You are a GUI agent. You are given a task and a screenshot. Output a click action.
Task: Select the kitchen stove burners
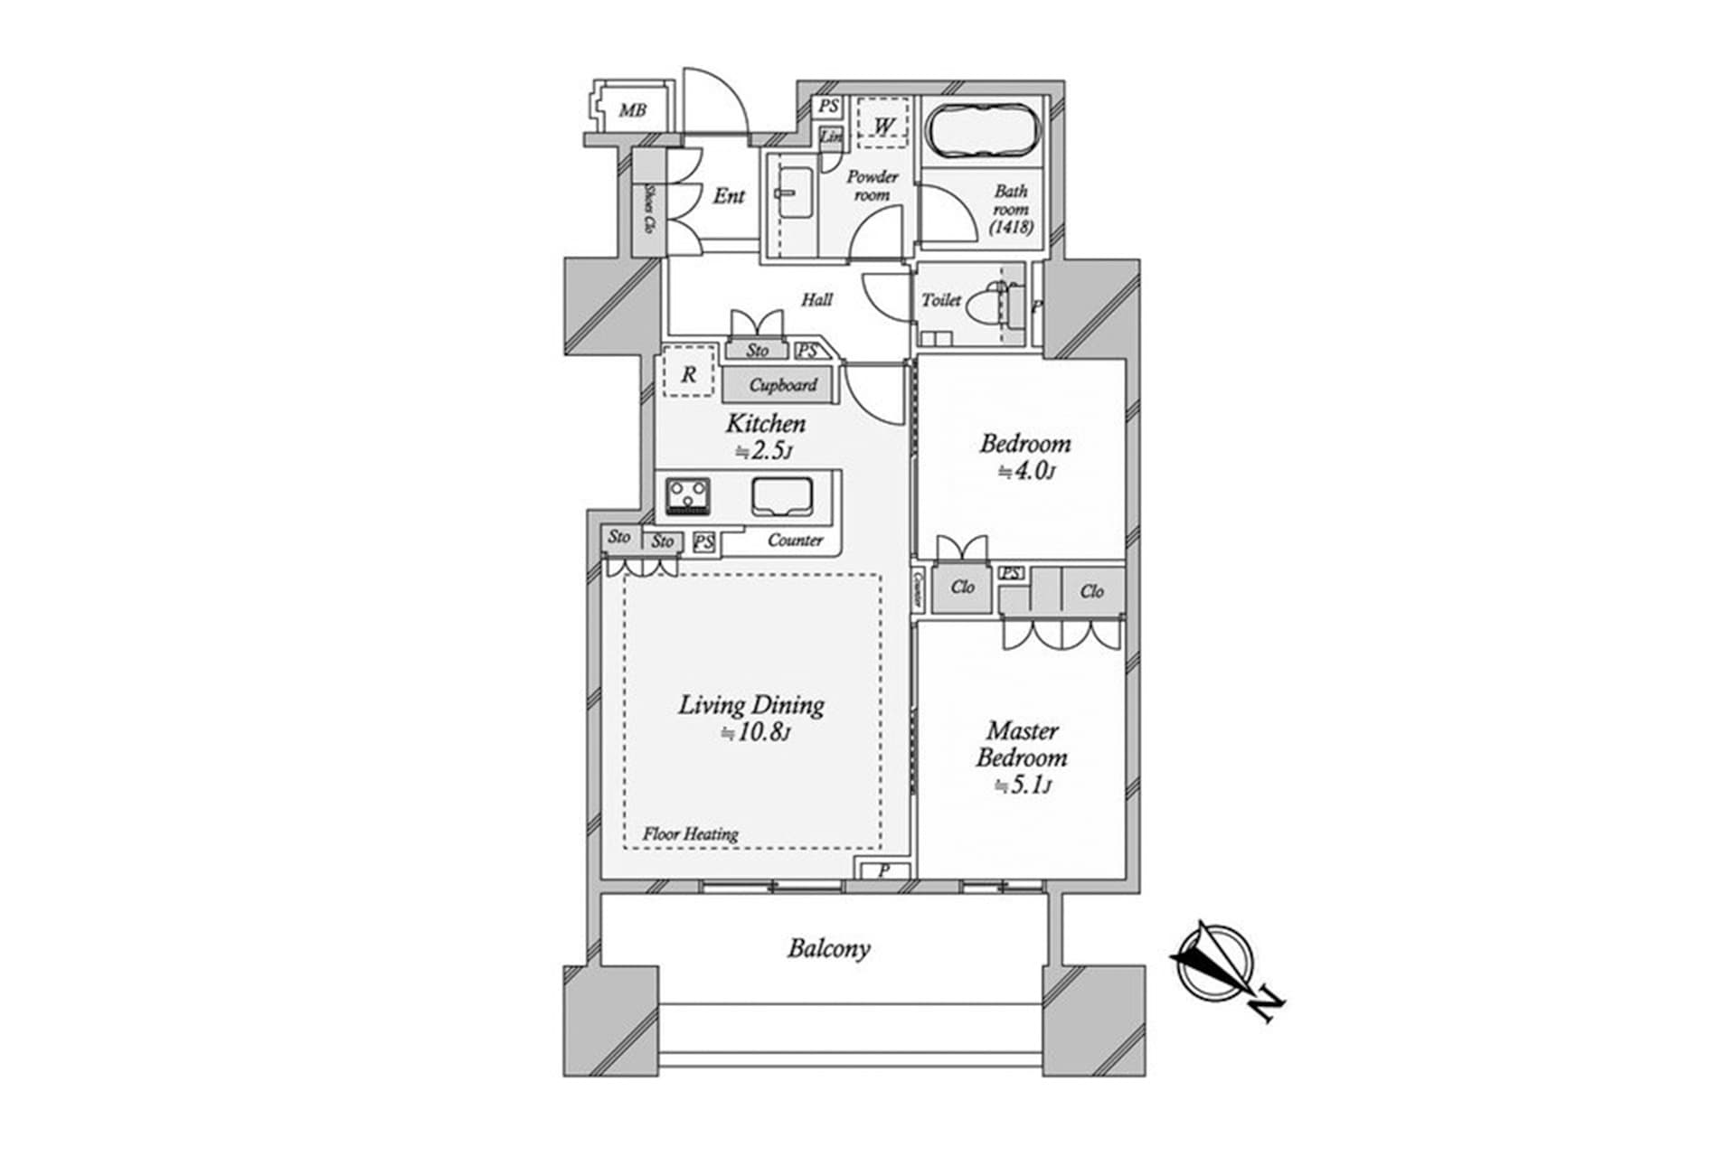point(688,497)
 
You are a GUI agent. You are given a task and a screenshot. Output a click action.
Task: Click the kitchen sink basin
point(782,496)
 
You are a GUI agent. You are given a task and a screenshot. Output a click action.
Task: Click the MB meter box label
point(632,111)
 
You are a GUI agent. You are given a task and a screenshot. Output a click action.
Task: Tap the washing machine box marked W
point(882,123)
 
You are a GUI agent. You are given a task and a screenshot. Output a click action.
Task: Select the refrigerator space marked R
point(689,373)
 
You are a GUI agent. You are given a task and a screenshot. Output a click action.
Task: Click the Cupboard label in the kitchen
point(782,385)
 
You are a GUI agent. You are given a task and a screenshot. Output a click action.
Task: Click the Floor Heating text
point(690,833)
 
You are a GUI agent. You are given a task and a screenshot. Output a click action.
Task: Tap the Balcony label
point(828,948)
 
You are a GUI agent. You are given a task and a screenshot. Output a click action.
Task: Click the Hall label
point(816,299)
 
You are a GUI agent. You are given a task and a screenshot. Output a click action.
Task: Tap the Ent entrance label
point(729,195)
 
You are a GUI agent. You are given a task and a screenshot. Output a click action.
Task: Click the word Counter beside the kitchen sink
point(795,541)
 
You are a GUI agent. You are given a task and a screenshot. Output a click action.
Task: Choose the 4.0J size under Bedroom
point(1025,471)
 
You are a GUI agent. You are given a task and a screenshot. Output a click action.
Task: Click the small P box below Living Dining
point(883,870)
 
